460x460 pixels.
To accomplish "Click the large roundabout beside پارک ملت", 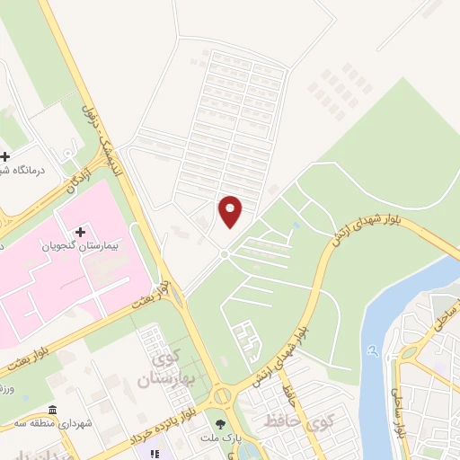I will pyautogui.click(x=221, y=394).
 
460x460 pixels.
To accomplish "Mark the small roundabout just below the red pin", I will pyautogui.click(x=224, y=254).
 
